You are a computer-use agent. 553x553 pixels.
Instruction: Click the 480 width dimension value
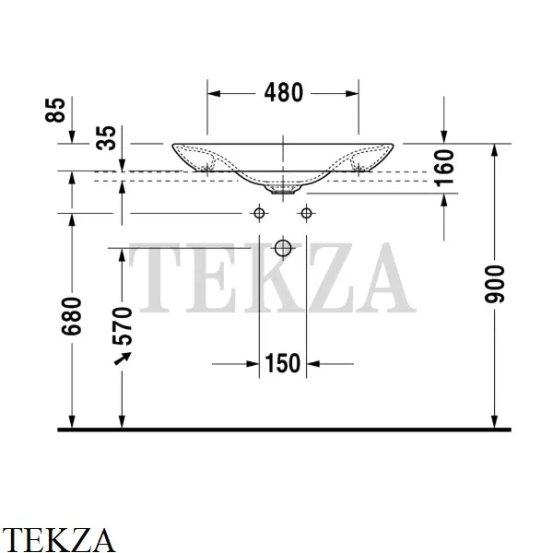284,92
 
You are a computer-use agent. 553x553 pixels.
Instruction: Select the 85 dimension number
55,110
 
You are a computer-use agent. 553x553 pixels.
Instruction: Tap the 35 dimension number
106,138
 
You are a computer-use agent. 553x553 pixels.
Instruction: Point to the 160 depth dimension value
443,168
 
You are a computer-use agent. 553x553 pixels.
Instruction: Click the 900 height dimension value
494,284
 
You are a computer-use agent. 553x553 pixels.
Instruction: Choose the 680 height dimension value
71,316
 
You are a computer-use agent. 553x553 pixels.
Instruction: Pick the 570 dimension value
122,326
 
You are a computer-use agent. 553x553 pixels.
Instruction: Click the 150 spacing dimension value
283,363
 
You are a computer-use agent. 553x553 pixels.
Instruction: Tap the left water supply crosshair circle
259,214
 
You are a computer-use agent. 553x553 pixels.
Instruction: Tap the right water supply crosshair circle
306,214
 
